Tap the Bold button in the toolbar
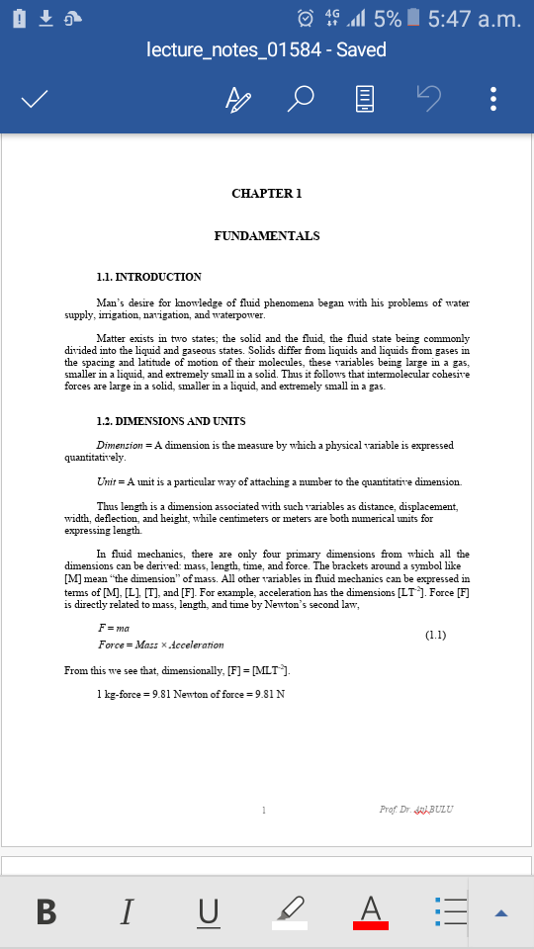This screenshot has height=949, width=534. (45, 910)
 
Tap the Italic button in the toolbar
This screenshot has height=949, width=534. (127, 910)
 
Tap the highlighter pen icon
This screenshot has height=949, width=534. (290, 910)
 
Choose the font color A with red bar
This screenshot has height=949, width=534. (371, 910)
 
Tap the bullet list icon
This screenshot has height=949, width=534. (451, 910)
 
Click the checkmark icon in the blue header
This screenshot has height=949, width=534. (36, 100)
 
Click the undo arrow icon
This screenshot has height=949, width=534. (428, 99)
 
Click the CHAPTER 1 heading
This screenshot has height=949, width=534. (266, 194)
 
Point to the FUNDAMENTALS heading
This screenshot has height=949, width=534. (266, 236)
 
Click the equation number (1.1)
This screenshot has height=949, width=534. (436, 634)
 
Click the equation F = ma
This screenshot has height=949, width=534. (114, 628)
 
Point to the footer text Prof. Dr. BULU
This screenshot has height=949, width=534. (415, 810)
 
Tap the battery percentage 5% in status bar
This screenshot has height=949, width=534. (388, 18)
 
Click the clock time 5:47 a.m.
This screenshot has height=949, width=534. (475, 18)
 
